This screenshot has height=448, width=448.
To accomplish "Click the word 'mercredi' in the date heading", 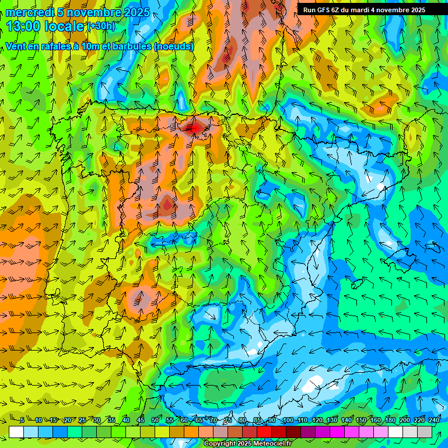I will coord(29,12).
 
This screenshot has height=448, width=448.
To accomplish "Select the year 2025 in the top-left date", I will coord(136,12).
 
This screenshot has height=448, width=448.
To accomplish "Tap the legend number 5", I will coord(22,421).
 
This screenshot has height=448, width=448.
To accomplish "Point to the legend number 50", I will coord(155,421).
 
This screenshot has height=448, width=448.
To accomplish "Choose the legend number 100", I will coord(288,421).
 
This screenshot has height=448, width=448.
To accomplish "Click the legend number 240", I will coord(434,421).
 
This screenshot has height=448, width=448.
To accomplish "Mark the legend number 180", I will coord(390,421).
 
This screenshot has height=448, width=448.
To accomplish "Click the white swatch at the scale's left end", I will coord(16,432).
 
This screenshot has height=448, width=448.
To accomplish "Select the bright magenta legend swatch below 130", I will coord(337,432).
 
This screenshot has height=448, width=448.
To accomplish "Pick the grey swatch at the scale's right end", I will coord(425,432).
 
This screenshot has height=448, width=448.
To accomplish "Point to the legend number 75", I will coord(228,421).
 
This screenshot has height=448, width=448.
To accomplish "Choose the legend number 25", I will coord(82,421).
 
